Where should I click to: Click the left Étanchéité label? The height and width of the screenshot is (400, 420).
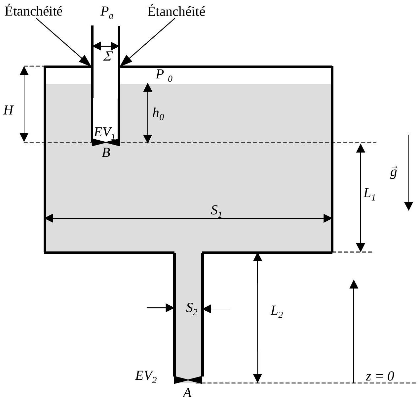[x=33, y=11]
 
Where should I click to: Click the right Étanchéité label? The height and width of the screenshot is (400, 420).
[x=176, y=11]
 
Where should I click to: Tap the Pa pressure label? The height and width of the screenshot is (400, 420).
[x=107, y=12]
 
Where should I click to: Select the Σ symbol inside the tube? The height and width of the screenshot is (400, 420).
[x=108, y=56]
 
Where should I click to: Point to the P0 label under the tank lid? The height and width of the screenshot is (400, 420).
[x=164, y=76]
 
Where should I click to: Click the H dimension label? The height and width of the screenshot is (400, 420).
[x=8, y=111]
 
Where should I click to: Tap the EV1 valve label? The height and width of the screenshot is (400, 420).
[x=104, y=133]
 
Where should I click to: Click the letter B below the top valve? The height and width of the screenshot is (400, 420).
[x=106, y=153]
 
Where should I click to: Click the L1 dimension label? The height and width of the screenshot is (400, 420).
[x=369, y=195]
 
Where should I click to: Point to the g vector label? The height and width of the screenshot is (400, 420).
[x=393, y=172]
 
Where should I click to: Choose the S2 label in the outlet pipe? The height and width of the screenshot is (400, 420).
[x=192, y=309]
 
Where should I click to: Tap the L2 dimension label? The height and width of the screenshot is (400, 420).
[x=277, y=312]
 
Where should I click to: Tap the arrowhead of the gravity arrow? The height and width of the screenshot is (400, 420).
[x=408, y=206]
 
